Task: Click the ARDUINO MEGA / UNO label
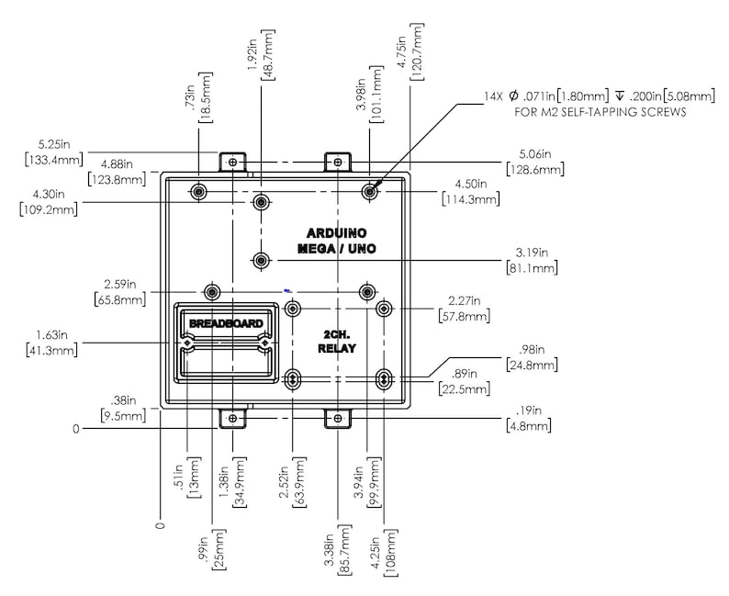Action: (337, 241)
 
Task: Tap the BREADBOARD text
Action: (226, 323)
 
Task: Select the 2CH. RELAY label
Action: (337, 342)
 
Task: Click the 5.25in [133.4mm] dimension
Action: (54, 152)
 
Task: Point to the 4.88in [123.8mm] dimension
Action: (117, 172)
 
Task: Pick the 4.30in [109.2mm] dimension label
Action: (49, 202)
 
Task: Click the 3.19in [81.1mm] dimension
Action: (532, 260)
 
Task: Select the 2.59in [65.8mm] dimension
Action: (120, 292)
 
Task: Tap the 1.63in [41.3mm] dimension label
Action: (51, 343)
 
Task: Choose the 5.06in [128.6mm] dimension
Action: (535, 162)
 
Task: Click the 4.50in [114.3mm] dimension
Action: (470, 192)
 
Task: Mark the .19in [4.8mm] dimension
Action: (529, 418)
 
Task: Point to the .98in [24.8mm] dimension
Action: (532, 357)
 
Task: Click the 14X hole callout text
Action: (600, 96)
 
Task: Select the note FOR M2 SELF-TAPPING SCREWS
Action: (600, 112)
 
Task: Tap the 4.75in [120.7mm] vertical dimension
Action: (409, 51)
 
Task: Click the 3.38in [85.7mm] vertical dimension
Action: (337, 550)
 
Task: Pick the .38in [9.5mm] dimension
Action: (123, 408)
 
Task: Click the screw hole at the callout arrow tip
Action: (370, 191)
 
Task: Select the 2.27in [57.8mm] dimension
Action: (464, 309)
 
